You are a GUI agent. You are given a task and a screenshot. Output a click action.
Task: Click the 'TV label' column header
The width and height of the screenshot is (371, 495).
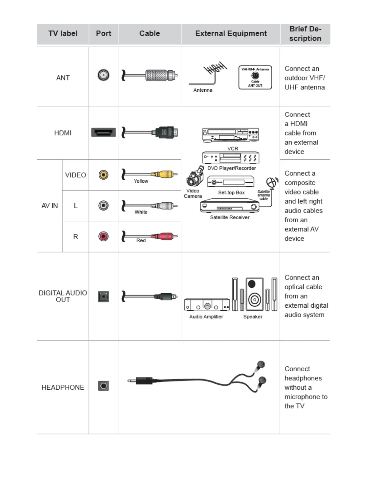pos(63,33)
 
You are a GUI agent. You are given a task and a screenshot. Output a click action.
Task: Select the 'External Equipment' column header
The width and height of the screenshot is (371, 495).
pos(231,33)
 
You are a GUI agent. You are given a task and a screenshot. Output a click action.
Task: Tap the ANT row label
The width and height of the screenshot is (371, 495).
pos(63,78)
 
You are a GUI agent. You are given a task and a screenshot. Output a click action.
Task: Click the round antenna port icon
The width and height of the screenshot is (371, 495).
pos(103,75)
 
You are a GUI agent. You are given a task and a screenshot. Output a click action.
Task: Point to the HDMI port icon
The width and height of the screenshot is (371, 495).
pos(103,132)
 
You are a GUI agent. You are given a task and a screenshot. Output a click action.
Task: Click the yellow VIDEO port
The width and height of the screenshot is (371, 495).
pos(103,175)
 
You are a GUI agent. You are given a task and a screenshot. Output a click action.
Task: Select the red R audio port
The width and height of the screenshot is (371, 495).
pos(103,236)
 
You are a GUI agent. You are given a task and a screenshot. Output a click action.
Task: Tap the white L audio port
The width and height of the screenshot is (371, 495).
pos(103,205)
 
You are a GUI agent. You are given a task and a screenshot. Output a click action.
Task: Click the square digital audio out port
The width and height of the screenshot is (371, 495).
pos(103,296)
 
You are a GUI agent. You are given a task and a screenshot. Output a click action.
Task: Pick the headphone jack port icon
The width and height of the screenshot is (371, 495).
pos(103,386)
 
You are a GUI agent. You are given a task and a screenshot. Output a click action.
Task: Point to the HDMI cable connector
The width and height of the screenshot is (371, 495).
pos(167,132)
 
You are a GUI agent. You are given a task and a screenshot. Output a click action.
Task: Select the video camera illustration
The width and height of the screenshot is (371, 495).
pos(195,177)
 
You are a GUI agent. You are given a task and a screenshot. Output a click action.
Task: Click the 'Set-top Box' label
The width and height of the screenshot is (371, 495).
pos(231,193)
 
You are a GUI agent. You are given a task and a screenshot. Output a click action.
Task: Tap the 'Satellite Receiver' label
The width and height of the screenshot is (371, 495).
pos(230,217)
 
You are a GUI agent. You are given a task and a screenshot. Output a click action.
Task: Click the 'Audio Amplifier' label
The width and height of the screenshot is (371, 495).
pos(206,317)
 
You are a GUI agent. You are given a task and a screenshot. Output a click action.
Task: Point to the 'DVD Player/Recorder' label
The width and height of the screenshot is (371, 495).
pos(231,168)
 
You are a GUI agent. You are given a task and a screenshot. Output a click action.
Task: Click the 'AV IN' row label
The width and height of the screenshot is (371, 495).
pos(50,206)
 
